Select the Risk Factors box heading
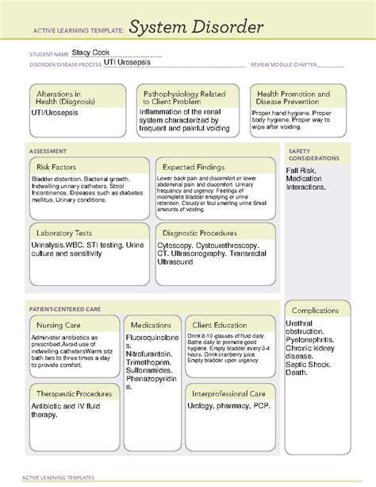pos(54,167)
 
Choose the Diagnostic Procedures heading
pos(199,233)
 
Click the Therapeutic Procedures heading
pos(72,393)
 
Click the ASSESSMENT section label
pos(48,150)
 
